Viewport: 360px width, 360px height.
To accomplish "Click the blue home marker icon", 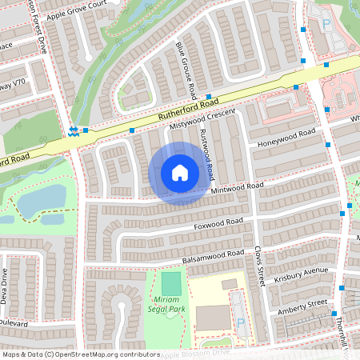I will click(180, 173).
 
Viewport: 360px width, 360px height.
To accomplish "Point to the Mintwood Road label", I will click(236, 188).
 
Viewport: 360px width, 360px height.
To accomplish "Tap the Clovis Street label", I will click(258, 265).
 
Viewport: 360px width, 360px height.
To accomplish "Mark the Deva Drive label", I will click(6, 284).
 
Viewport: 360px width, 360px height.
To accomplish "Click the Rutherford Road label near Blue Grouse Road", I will click(188, 111).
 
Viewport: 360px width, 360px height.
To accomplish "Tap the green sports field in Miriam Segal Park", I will click(171, 283).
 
